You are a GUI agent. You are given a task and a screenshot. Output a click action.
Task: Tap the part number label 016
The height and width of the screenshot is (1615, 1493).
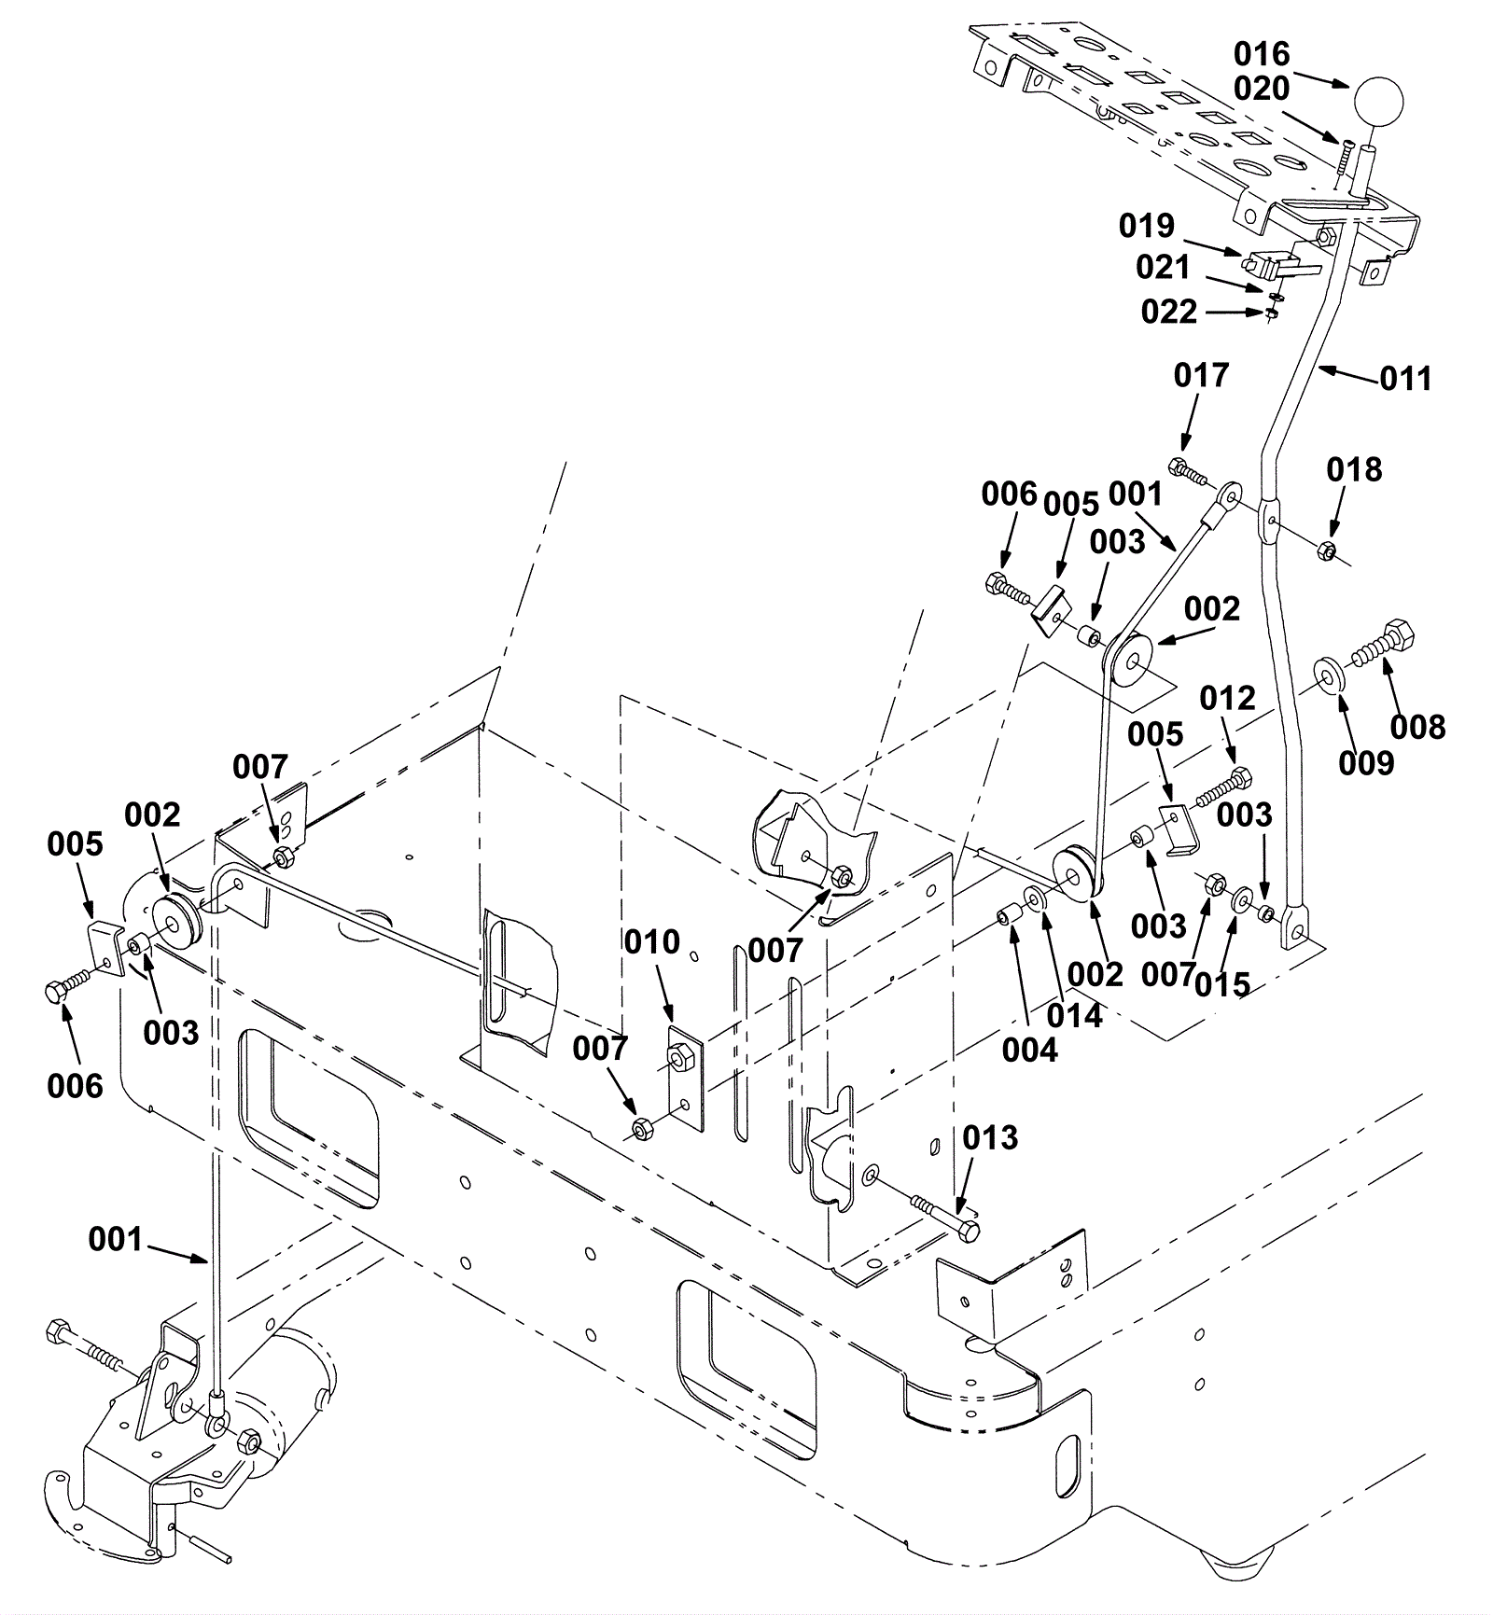pyautogui.click(x=1262, y=53)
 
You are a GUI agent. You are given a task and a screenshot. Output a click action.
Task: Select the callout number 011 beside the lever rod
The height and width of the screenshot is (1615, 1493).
pyautogui.click(x=1405, y=379)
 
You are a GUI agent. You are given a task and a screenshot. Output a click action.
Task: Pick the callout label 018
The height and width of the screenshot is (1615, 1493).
pyautogui.click(x=1354, y=469)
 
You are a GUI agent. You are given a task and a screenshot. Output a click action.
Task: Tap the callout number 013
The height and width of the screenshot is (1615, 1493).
pyautogui.click(x=990, y=1137)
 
